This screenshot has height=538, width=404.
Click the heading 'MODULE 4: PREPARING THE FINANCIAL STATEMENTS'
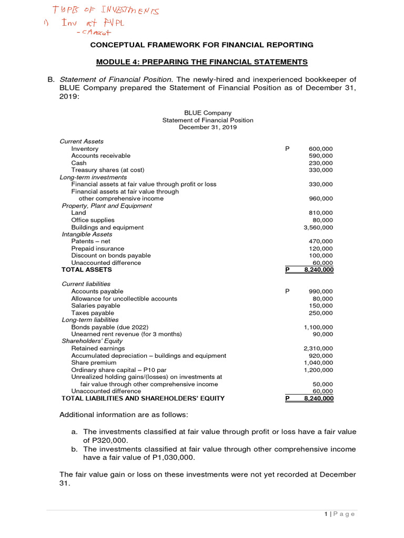[201, 62]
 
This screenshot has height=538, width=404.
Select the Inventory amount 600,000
[320, 149]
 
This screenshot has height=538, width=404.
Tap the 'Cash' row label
[79, 163]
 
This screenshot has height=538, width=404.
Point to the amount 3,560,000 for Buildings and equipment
[318, 227]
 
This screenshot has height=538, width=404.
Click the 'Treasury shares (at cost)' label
[108, 170]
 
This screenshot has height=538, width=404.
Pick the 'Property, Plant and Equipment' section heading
[107, 206]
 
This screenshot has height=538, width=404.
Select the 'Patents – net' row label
[91, 241]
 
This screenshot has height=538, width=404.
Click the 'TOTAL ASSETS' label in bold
[87, 270]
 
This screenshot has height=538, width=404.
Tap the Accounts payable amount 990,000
[320, 291]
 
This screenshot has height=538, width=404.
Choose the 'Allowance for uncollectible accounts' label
[124, 298]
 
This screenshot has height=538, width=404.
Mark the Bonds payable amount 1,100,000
[318, 327]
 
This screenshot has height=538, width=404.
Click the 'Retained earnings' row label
[98, 348]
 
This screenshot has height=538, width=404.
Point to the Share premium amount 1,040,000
[318, 363]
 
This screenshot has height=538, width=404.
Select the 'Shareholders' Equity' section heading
[92, 341]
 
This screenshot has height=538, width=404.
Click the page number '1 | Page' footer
[340, 514]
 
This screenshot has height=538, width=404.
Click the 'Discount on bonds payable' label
[108, 255]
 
